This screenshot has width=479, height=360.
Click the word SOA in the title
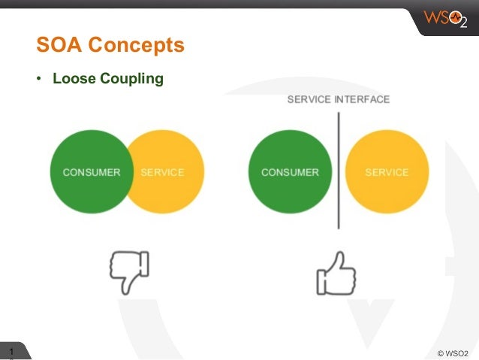(x=59, y=46)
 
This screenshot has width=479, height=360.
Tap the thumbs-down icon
(x=129, y=271)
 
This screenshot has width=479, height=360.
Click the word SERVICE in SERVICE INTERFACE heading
(x=309, y=100)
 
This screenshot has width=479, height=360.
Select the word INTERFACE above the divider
(x=362, y=100)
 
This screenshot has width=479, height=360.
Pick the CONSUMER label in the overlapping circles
(x=92, y=172)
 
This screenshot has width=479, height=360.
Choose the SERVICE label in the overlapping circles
(x=162, y=172)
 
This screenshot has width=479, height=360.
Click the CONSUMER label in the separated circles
(x=290, y=172)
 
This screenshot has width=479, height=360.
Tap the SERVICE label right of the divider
(x=387, y=172)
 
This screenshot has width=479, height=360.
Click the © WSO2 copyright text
(x=451, y=352)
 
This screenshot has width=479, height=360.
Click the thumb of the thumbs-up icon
(x=342, y=262)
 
